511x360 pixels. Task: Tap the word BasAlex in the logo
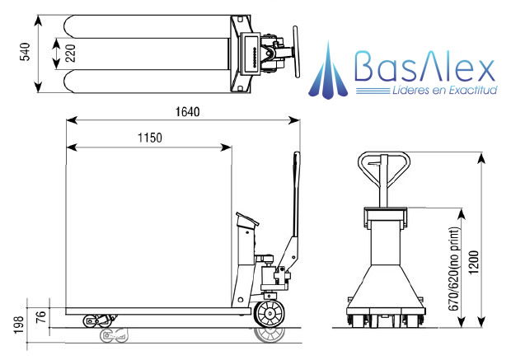424,65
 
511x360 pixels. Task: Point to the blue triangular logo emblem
329,71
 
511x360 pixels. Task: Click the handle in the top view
298,53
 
